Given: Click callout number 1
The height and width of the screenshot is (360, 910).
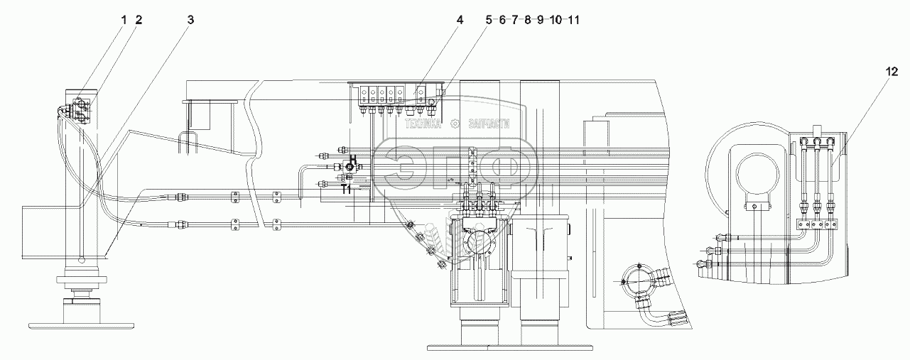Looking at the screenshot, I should (x=124, y=21).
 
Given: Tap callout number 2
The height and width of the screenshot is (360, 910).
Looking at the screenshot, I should (x=139, y=21).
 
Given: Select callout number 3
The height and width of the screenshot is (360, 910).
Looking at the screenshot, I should (x=190, y=21).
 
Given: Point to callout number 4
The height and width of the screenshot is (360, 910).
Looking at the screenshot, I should (x=460, y=21).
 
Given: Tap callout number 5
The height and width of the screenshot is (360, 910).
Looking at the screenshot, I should (x=489, y=21).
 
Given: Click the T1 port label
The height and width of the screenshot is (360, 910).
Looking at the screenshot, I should (x=347, y=190).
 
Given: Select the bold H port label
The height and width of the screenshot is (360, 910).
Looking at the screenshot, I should (x=353, y=160).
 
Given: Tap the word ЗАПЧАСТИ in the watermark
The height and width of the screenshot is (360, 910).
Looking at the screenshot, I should (x=490, y=124).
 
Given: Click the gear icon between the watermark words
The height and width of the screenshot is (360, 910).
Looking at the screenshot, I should (x=459, y=124).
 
